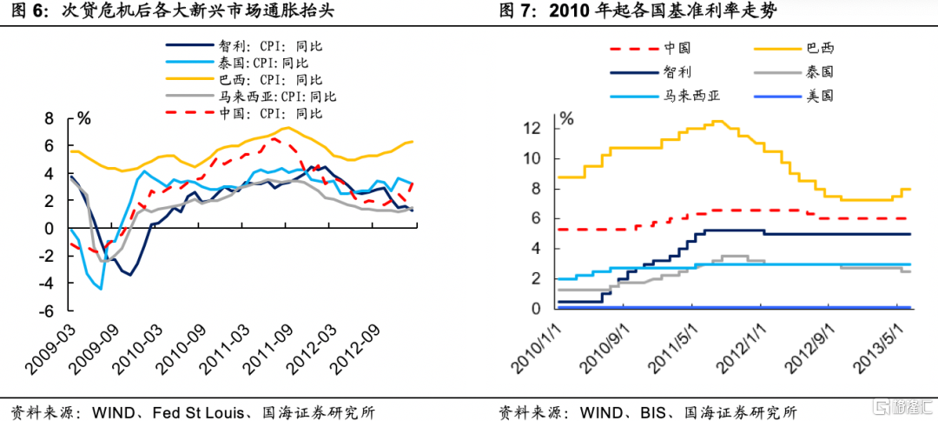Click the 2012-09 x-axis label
click(x=361, y=351)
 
